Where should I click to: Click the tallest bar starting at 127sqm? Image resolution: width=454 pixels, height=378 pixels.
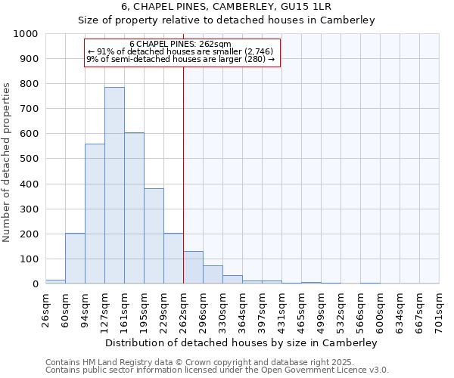(114, 185)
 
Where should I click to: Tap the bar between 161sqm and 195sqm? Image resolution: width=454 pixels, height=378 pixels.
(134, 208)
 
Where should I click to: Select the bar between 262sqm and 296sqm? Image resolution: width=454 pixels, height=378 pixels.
(193, 268)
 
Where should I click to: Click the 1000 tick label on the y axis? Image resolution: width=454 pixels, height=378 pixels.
(25, 34)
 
